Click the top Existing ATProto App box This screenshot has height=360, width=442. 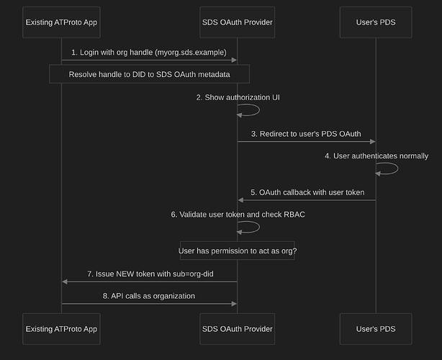coord(61,22)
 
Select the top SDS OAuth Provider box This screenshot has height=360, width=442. coord(238,22)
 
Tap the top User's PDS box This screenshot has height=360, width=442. coord(376,22)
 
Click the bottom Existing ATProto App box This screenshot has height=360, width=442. coord(61,329)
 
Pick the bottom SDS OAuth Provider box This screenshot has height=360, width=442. coord(238,329)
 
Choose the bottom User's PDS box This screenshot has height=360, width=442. coord(376,329)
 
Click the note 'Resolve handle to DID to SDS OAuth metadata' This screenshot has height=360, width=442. coord(150,74)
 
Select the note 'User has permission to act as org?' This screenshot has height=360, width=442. coord(238,251)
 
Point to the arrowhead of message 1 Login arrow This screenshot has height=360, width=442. coord(234,60)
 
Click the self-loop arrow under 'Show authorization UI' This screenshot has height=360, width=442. coord(259,110)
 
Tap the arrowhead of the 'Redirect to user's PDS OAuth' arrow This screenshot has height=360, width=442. coord(373,142)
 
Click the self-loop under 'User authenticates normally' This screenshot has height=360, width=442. coord(398,168)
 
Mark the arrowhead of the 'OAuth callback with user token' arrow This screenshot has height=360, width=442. coord(240,200)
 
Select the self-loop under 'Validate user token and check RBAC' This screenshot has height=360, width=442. coord(259,228)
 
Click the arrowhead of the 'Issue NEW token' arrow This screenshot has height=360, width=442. coord(65,282)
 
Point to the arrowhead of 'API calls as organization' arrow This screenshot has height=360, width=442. coord(234,304)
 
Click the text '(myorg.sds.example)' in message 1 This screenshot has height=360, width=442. coord(191,53)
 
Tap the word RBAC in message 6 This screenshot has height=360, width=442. coord(294,215)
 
